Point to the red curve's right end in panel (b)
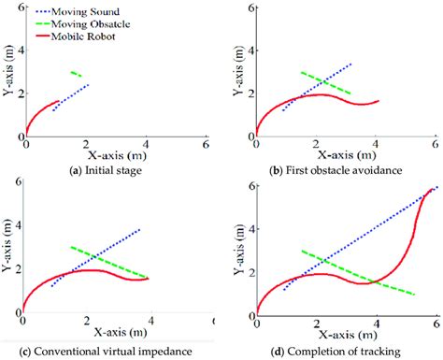point(378,101)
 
